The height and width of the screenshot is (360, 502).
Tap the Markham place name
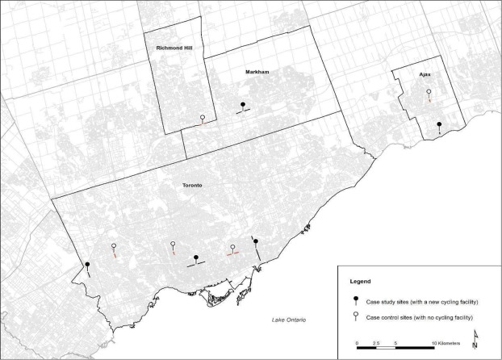[x=256, y=72]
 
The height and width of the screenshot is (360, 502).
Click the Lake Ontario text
[x=294, y=323]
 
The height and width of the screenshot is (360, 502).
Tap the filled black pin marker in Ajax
[x=438, y=125]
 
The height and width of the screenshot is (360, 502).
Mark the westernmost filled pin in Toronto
[x=87, y=265]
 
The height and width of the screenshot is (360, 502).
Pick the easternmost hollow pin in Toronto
[x=232, y=248]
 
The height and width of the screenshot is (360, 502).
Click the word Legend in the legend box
[x=360, y=282]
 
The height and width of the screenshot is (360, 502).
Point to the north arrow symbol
[x=476, y=337]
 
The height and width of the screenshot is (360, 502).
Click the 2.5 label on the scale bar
[x=376, y=342]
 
